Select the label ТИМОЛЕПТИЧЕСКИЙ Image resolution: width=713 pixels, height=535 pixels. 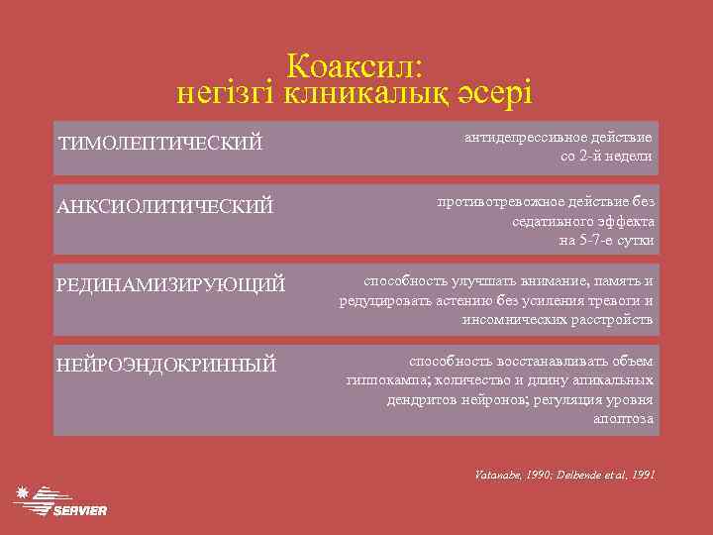click(160, 145)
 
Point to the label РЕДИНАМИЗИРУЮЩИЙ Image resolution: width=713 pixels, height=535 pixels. click(171, 285)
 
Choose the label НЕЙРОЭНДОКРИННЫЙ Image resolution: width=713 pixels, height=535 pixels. click(166, 366)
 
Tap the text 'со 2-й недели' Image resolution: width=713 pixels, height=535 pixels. click(606, 156)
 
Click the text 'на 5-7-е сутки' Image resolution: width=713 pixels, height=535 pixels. click(606, 240)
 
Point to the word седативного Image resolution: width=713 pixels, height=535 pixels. click(556, 221)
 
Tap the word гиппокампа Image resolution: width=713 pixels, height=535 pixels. click(387, 380)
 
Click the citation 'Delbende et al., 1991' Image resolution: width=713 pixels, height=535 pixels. click(606, 475)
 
